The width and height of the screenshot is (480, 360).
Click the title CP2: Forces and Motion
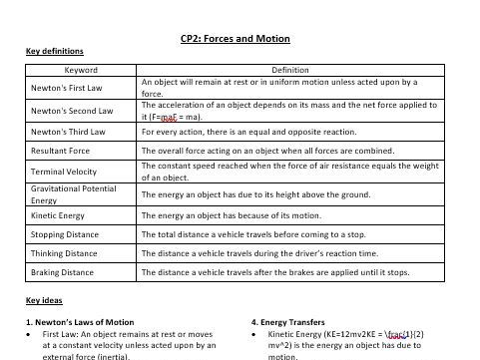pos(236,39)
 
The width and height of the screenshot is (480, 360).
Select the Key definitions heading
pos(54,52)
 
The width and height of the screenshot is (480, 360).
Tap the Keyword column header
pos(81,71)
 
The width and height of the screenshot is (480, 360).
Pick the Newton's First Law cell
pos(66,88)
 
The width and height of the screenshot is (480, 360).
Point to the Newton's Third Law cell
pos(67,131)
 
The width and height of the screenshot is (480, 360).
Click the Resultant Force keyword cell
pos(60,151)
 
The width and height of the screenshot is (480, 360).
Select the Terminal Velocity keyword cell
pos(63,172)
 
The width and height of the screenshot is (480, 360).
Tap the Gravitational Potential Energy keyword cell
pos(73,193)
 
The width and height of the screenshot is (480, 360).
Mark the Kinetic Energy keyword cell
pos(58,215)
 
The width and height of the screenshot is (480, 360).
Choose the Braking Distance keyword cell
pos(62,272)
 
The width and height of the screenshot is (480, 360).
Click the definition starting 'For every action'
pos(248,131)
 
